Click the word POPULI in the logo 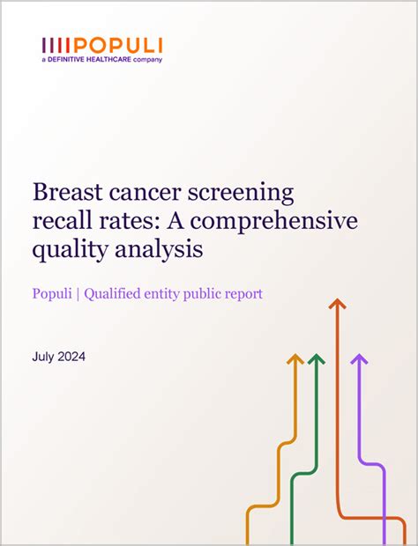(118, 46)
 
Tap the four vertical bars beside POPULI (56, 46)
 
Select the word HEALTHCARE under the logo (113, 59)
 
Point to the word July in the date (44, 357)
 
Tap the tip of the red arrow (335, 302)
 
